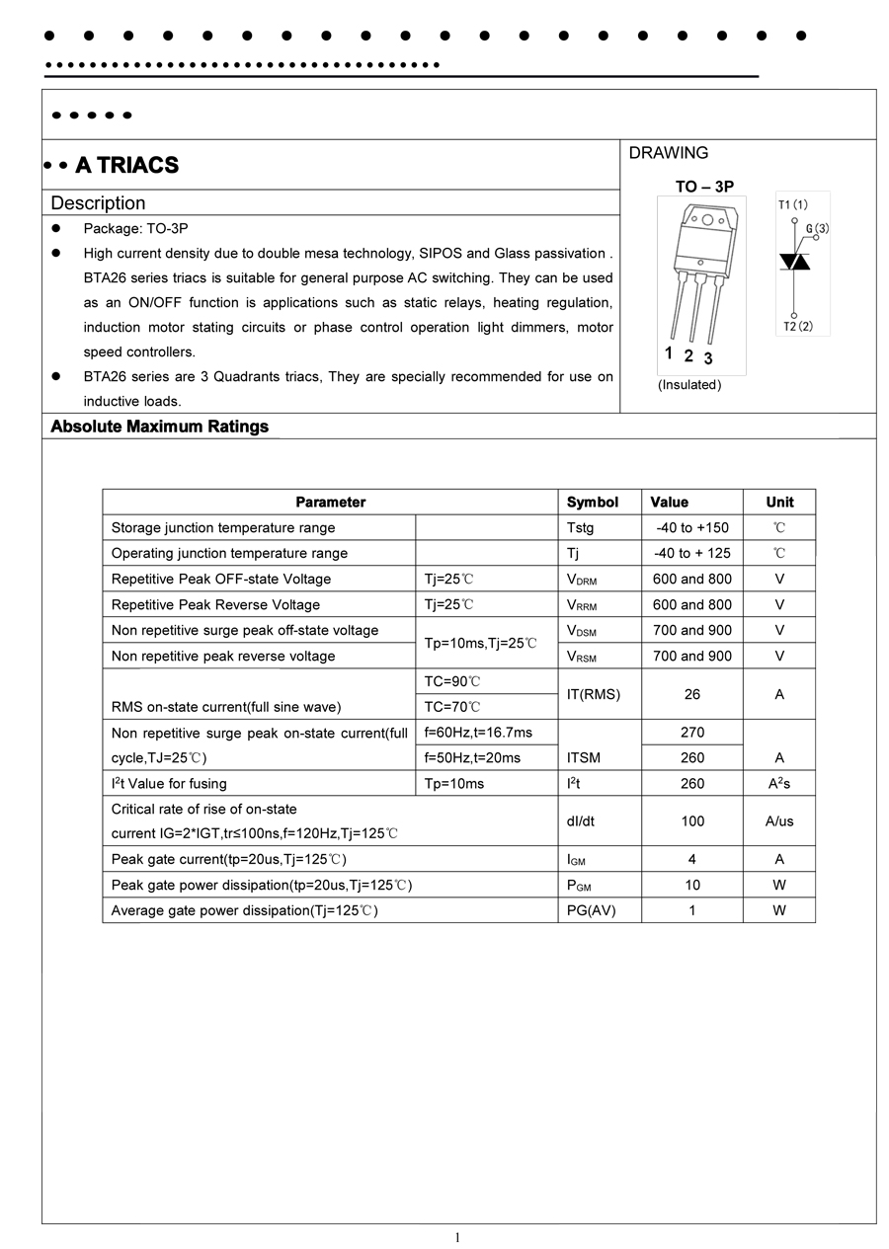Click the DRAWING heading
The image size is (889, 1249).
click(669, 153)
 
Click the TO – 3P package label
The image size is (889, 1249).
click(704, 187)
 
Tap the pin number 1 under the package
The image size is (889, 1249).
click(669, 353)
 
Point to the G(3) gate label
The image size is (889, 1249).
click(817, 229)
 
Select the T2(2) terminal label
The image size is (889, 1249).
click(798, 326)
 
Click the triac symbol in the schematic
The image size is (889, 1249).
click(795, 261)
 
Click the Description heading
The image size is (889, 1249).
click(98, 203)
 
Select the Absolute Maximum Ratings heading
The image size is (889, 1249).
click(159, 427)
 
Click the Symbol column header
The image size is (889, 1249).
click(593, 502)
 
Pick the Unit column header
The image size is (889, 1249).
click(779, 502)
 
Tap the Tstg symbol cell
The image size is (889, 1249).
click(581, 528)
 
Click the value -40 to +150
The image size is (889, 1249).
click(692, 528)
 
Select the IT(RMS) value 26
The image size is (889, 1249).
click(692, 694)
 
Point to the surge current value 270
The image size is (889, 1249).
click(692, 733)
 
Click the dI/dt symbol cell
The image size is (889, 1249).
click(581, 820)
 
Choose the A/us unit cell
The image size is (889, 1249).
click(779, 820)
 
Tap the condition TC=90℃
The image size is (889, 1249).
click(452, 681)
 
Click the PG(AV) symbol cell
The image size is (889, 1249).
click(591, 910)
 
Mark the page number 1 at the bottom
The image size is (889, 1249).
click(457, 1238)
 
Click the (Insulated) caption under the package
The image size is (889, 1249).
click(689, 385)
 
